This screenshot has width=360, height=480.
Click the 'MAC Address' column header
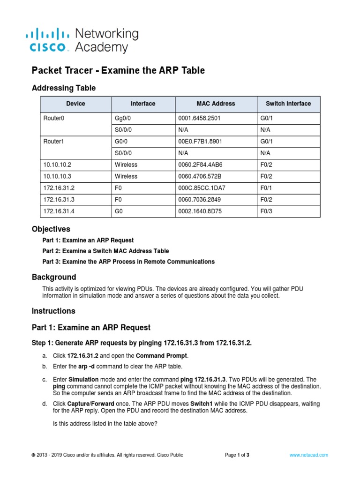point(216,104)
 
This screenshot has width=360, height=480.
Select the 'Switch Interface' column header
point(288,104)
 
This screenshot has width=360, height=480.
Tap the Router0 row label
point(53,118)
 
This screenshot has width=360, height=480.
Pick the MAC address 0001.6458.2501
point(199,118)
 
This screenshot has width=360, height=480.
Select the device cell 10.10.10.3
point(57,176)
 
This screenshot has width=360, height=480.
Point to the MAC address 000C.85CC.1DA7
point(201,188)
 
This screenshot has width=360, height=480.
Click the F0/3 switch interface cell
point(267,211)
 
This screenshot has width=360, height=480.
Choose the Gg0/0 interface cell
point(124,118)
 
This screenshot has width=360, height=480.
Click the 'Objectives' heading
point(51,229)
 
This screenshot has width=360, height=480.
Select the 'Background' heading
point(53,277)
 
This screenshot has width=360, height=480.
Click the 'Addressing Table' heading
point(63,88)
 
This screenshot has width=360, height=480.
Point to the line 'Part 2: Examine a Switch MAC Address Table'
point(105,251)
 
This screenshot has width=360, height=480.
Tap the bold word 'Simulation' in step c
point(83,379)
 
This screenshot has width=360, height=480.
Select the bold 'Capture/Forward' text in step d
point(87,403)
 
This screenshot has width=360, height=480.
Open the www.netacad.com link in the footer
point(308,455)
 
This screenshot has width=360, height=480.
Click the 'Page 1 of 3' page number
point(237,455)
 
